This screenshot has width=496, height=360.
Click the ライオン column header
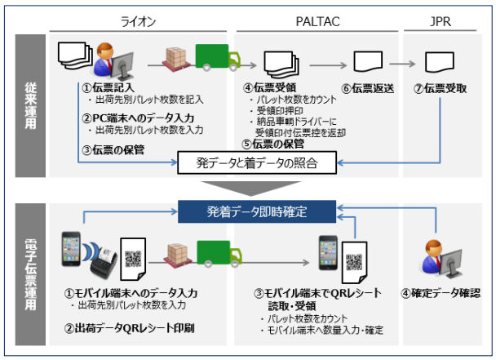[x=138, y=21]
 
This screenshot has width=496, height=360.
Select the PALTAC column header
[x=317, y=21]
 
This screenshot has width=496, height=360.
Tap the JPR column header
[x=441, y=21]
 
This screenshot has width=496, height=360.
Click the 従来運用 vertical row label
[x=30, y=106]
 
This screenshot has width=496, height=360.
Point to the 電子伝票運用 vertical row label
[x=30, y=274]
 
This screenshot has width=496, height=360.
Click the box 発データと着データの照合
[x=257, y=162]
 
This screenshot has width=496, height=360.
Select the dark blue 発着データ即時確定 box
[x=257, y=211]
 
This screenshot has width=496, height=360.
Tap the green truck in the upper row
[x=218, y=57]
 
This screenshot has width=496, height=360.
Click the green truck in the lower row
[x=219, y=254]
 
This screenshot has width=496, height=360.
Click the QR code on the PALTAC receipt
[x=354, y=262]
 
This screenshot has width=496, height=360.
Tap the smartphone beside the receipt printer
[x=71, y=249]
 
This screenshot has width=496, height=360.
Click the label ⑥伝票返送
[x=368, y=88]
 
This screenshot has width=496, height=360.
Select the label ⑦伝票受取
[x=440, y=88]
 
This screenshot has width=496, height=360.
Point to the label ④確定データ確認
[x=441, y=293]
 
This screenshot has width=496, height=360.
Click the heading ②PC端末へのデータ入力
[x=138, y=118]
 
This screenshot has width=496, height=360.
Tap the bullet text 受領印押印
[x=280, y=111]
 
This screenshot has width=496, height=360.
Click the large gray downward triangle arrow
[x=250, y=189]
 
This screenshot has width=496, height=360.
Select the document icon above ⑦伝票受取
[x=440, y=62]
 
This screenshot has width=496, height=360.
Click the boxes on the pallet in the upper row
[x=176, y=57]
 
